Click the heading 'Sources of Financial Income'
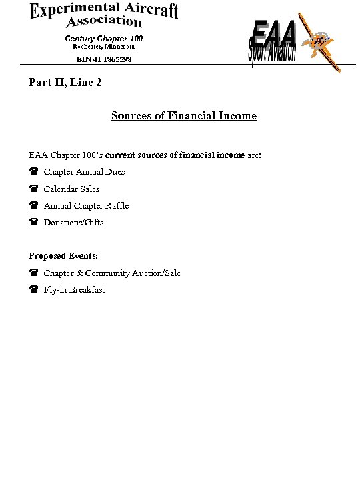point(184,116)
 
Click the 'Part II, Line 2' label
point(65,83)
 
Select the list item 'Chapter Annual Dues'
point(84,172)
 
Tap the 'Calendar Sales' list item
point(71,189)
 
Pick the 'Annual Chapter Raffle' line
point(86,206)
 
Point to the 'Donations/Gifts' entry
point(73,223)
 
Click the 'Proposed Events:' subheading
point(63,256)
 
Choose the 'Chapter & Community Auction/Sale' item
point(112,273)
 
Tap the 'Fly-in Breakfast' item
point(74,290)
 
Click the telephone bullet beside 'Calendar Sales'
point(33,189)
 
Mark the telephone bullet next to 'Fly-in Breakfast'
point(33,290)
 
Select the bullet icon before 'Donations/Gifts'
point(33,223)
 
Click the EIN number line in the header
point(103,59)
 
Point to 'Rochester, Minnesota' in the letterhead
point(103,47)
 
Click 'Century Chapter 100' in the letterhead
point(103,38)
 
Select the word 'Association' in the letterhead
point(103,23)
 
